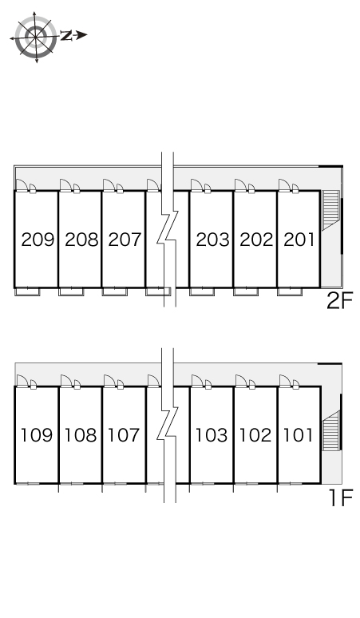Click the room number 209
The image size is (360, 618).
point(38,240)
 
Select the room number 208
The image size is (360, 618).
point(81,240)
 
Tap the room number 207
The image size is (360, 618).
point(125,240)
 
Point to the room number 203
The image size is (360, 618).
point(212,240)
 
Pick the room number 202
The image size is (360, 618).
point(256,240)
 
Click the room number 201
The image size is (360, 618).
point(299,240)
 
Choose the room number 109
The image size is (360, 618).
point(37,435)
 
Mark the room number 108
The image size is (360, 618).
point(81,435)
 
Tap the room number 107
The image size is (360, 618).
point(124,435)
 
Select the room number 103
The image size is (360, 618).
point(212,435)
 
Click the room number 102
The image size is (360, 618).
point(255,435)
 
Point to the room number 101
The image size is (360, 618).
point(299,435)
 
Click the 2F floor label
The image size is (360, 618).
point(340,301)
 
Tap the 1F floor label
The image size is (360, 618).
point(341,497)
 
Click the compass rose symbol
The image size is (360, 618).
point(35,38)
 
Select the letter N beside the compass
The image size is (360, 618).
point(66,35)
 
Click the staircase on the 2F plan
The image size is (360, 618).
point(330,210)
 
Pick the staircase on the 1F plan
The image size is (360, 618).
point(331,430)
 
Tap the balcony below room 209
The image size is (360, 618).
point(27,291)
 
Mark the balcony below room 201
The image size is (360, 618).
point(290,291)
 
